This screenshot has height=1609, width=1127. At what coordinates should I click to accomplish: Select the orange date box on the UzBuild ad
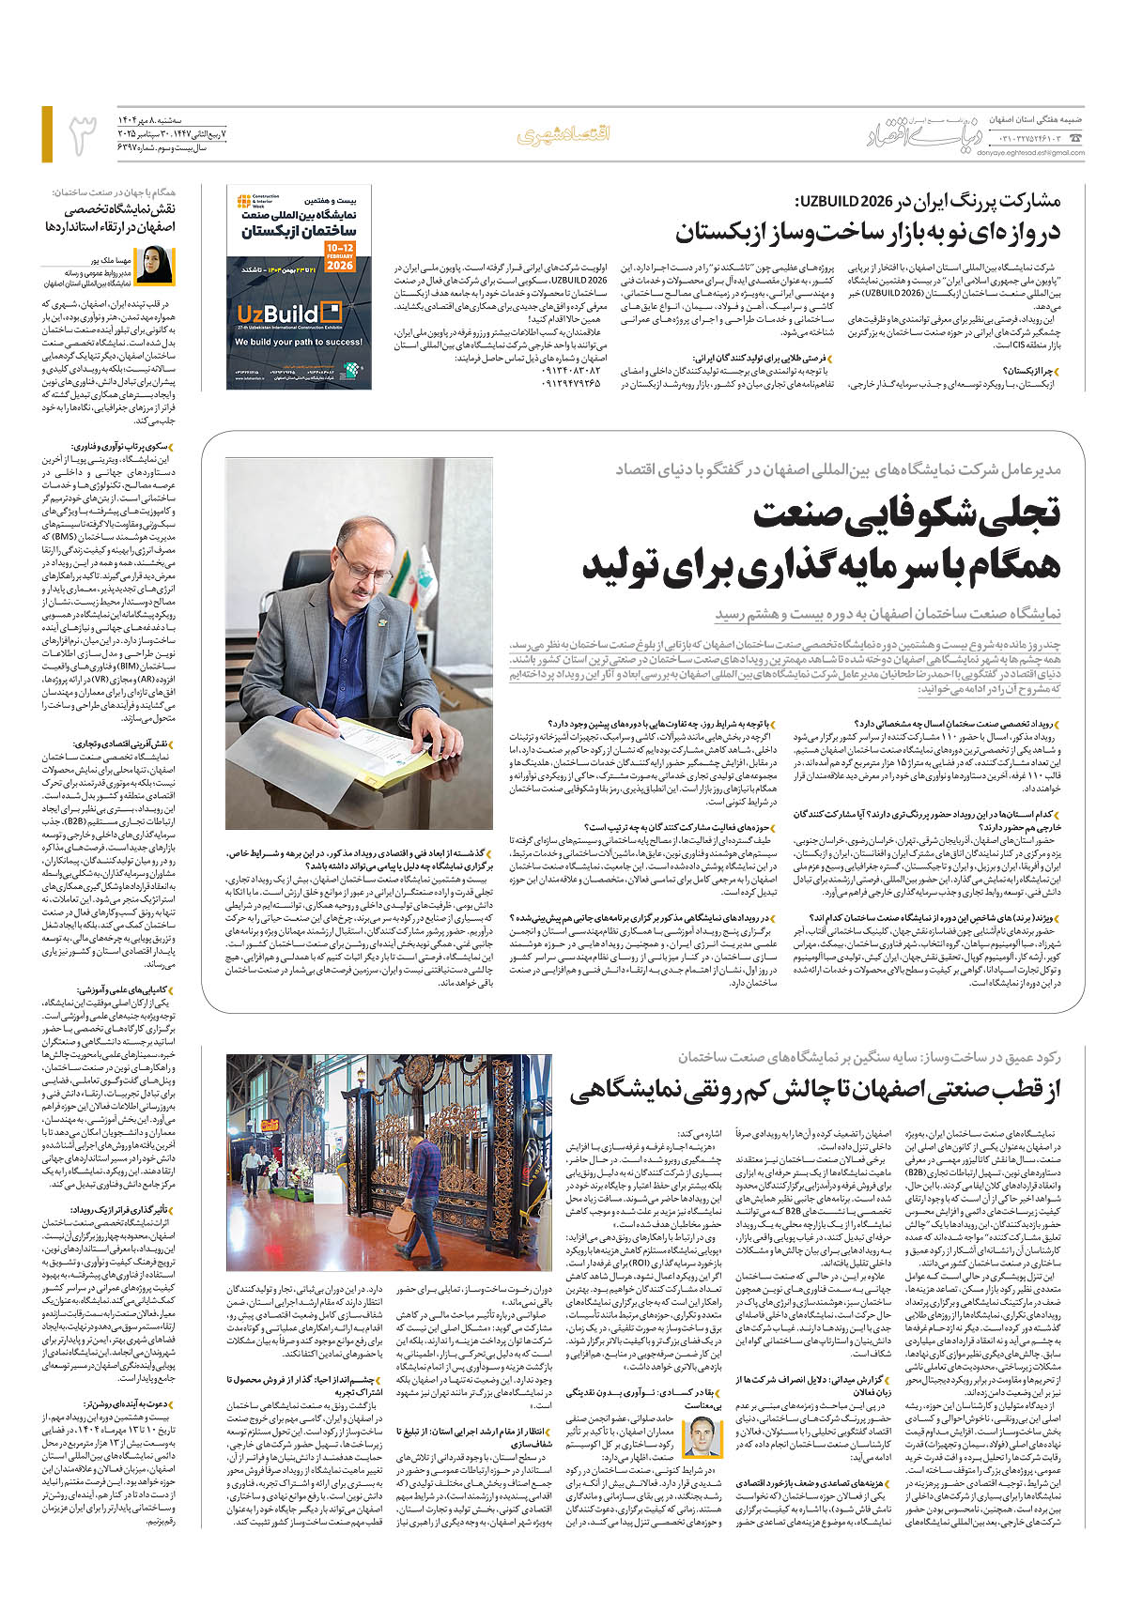point(340,256)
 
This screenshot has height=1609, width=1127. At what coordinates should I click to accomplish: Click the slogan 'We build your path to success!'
point(299,342)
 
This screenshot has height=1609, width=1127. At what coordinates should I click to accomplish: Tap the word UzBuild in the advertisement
point(277,314)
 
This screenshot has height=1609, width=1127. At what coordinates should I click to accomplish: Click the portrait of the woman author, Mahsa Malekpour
point(155,266)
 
